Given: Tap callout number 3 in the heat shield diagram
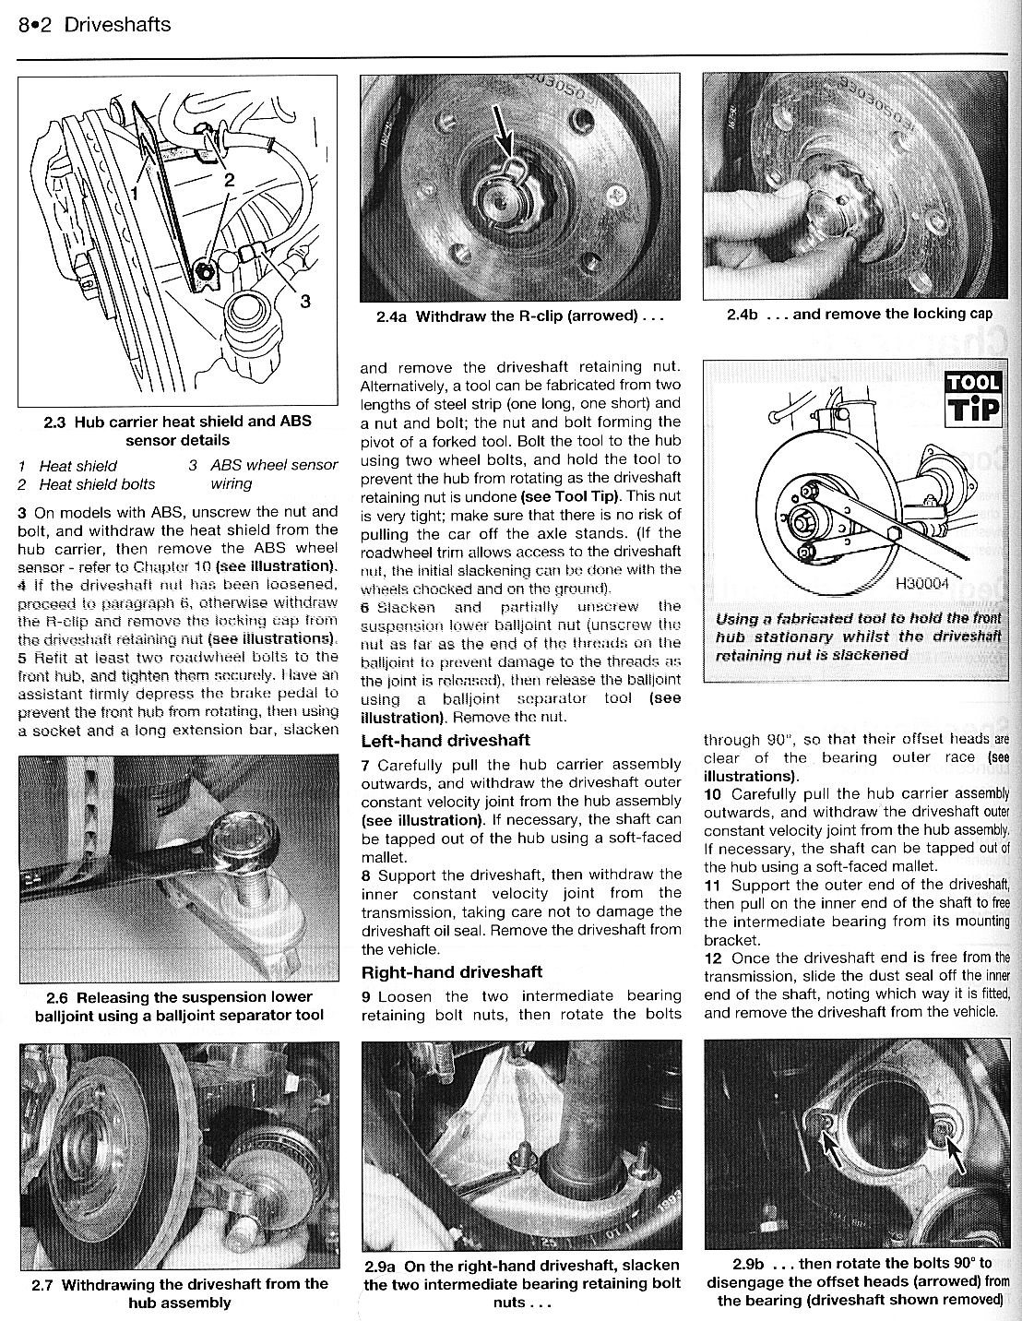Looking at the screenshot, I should click(305, 301).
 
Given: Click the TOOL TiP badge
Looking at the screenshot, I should click(972, 398).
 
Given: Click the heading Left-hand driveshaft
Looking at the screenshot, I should click(446, 740).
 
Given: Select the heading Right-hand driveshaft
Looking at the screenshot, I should click(452, 971).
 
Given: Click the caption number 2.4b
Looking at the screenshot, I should click(742, 314).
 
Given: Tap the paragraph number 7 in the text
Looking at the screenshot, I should click(366, 765).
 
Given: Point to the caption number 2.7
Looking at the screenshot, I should click(42, 1283).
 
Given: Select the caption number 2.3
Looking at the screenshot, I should click(55, 421).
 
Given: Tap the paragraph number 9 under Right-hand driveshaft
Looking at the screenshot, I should click(366, 995).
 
